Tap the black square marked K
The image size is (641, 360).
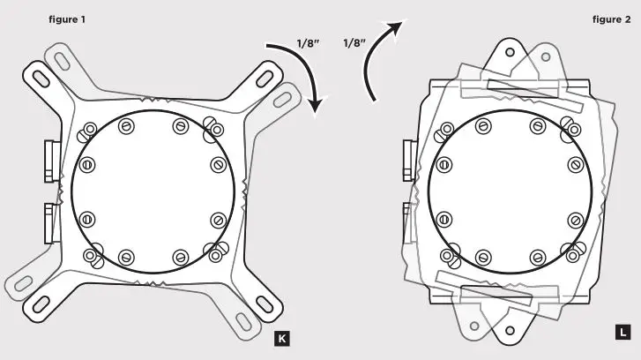[x=281, y=338]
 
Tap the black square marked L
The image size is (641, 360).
[x=621, y=334]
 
